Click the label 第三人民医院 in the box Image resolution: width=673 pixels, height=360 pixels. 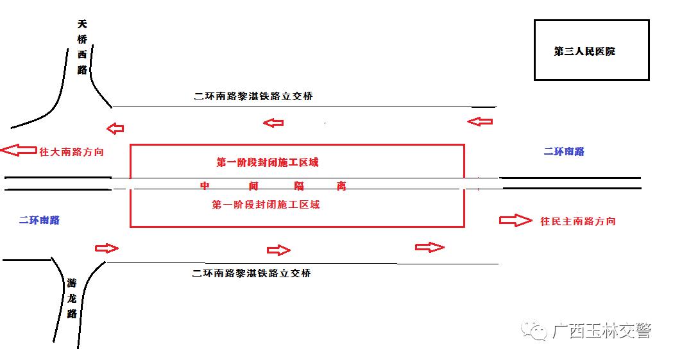(584, 51)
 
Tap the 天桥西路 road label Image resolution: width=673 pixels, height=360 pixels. (82, 46)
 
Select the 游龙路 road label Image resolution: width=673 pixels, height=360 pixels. (72, 298)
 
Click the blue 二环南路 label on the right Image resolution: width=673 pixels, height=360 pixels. (564, 151)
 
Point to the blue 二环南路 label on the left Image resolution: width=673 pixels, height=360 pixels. (39, 220)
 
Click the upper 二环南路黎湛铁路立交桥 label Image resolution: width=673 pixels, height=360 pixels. (253, 96)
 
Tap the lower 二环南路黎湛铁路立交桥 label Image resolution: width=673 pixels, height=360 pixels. (251, 273)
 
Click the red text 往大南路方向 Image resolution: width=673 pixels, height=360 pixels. (72, 152)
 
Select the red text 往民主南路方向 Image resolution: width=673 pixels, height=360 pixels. (577, 221)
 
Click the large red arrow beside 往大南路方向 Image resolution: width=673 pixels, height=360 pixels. (19, 150)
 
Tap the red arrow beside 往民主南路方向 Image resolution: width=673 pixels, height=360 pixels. (515, 220)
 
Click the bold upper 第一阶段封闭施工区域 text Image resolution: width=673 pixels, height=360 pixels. (268, 162)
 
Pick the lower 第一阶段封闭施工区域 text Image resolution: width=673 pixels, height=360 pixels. (266, 204)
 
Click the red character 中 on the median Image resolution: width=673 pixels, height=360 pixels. (205, 185)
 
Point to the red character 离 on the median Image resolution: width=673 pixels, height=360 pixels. (341, 185)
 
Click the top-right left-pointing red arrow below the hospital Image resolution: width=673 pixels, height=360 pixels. (480, 121)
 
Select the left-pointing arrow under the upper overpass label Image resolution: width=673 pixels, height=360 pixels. (273, 123)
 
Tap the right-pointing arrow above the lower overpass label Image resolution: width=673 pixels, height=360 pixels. (278, 250)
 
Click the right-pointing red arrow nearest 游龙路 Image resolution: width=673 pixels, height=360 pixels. (106, 248)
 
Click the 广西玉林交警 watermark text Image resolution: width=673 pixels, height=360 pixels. (602, 331)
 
